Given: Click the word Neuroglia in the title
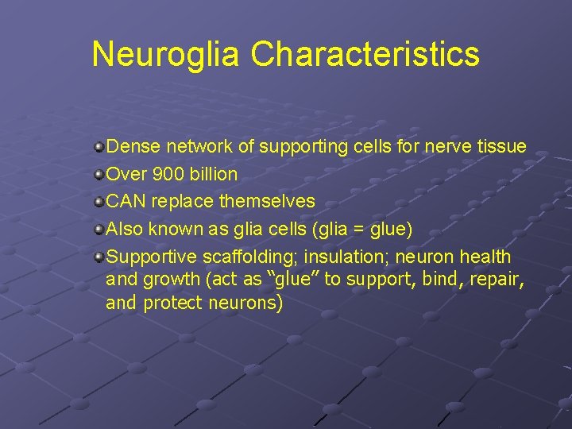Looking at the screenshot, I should [165, 55].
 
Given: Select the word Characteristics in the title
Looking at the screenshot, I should [365, 55].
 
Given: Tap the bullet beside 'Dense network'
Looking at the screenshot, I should [98, 147].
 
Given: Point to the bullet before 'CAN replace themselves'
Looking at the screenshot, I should [98, 202].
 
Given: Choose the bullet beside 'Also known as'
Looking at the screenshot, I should [98, 230].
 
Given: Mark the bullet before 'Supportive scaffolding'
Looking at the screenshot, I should [98, 257].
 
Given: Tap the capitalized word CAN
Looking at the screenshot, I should [126, 202].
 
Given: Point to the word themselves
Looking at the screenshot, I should [266, 202].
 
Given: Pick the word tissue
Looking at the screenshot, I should [502, 147].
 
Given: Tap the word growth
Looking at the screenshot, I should [167, 280].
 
